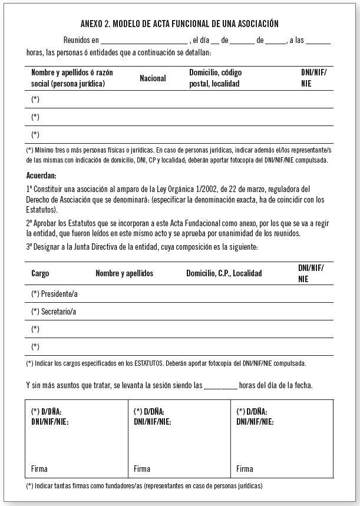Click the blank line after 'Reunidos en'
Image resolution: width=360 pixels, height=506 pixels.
pos(144,42)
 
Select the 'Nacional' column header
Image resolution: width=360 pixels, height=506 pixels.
pos(153,78)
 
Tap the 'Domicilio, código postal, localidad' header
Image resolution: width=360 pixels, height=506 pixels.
pos(215,78)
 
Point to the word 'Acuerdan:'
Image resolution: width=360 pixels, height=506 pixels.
pos(41,176)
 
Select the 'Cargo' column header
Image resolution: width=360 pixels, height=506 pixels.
pos(41,274)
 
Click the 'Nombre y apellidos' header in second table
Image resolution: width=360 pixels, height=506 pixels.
pos(124,274)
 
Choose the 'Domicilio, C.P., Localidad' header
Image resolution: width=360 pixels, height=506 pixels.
pos(224,274)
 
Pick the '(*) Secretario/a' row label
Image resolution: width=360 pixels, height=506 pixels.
pos(54,312)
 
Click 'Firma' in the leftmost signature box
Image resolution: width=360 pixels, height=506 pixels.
pos(39,469)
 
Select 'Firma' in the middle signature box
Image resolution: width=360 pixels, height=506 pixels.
pos(142,469)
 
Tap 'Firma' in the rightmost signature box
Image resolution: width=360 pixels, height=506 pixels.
pos(245,469)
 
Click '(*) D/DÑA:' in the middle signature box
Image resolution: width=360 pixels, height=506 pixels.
pos(149,411)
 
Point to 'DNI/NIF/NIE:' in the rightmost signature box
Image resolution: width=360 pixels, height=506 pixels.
pos(255,421)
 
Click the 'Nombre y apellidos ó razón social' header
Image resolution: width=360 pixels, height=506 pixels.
pos(72,78)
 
